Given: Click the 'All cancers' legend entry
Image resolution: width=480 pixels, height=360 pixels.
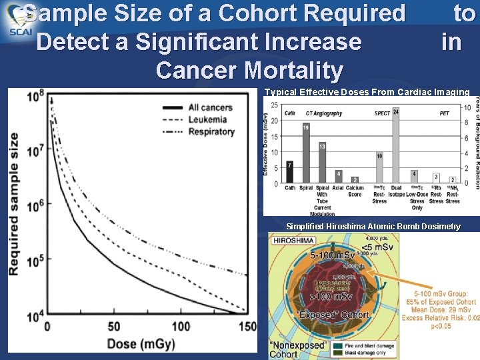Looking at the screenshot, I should (x=210, y=107).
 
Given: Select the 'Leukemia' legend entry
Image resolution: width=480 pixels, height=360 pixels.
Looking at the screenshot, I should (x=207, y=119).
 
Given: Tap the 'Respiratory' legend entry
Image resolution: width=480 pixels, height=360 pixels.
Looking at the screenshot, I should (x=211, y=131).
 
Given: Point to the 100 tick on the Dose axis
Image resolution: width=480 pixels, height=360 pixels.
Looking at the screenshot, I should (x=181, y=327).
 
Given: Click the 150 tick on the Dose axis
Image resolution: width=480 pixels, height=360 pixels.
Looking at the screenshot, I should (x=247, y=327).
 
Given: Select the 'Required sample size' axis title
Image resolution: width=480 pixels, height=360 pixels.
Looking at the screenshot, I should (x=13, y=204).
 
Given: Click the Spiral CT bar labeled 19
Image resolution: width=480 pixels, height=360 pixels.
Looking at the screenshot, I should (x=306, y=153).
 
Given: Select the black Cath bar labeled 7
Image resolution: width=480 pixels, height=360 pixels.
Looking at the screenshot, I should (x=290, y=172).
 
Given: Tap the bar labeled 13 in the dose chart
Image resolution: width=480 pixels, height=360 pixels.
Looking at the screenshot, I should (x=322, y=163).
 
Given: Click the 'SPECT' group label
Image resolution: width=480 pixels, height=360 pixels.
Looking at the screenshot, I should (x=382, y=113).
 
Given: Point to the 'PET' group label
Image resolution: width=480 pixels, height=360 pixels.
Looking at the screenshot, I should (x=444, y=113).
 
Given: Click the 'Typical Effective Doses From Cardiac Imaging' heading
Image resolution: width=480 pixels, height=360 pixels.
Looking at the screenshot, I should (x=367, y=92).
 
